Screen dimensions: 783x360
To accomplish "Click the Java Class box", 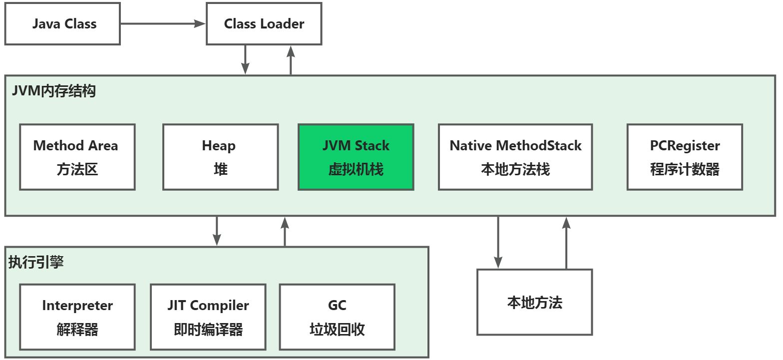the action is (x=62, y=24).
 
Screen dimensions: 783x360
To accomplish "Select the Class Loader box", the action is (x=264, y=24).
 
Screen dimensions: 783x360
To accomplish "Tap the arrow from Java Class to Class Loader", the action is (x=163, y=24).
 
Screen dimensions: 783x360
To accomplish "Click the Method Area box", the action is (x=77, y=157).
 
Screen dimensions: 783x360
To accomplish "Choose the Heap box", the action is (x=221, y=157).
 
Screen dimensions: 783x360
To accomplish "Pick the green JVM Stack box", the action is (x=356, y=157).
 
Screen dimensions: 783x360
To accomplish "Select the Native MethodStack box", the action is (x=515, y=157).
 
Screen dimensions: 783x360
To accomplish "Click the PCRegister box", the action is (x=685, y=157).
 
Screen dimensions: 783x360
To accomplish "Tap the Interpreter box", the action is (x=77, y=317).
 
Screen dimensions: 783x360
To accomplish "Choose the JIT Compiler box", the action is (x=208, y=317).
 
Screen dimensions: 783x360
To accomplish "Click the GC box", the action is (x=337, y=317).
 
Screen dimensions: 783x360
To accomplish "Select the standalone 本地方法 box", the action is (x=534, y=302).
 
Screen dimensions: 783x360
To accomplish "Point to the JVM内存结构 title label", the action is (x=54, y=91).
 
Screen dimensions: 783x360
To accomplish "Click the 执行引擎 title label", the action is (x=36, y=262).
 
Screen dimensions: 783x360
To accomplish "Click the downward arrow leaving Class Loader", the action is (x=245, y=60).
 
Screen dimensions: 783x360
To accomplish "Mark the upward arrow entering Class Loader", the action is (x=291, y=60).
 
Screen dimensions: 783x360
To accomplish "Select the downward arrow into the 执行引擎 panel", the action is (x=217, y=231).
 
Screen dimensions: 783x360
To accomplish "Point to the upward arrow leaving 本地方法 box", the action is (x=566, y=243).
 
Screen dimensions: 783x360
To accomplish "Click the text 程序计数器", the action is (x=685, y=169).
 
